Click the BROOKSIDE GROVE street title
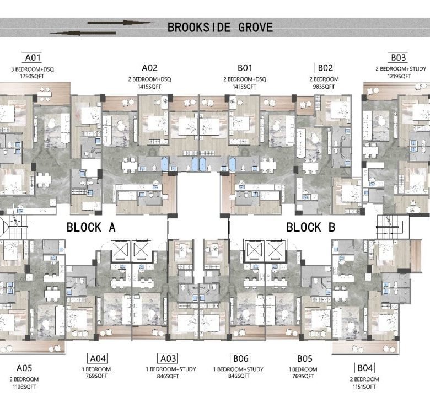(220, 27)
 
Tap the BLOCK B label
(310, 227)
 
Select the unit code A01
(31, 57)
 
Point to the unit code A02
(150, 68)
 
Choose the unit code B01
(245, 68)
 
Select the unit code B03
(399, 57)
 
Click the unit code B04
(365, 368)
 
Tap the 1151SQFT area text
(364, 387)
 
